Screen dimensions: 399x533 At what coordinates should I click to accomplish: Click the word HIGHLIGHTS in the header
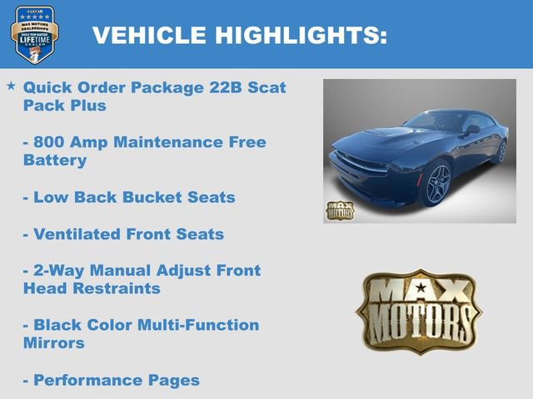point(301,35)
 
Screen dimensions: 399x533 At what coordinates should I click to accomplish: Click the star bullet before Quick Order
point(11,86)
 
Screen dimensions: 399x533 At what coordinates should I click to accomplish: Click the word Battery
point(55,160)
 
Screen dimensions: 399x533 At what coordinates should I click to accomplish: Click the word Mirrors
point(54,342)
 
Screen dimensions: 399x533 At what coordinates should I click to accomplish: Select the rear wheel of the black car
point(501,150)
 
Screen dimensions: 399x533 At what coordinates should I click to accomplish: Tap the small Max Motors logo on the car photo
point(340,209)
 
